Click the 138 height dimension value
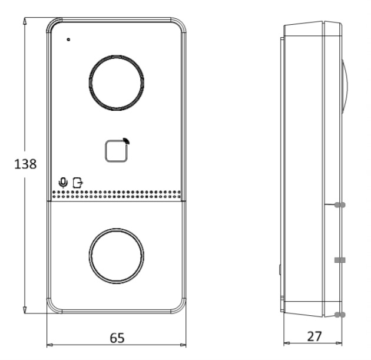pyautogui.click(x=25, y=164)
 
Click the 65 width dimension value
pyautogui.click(x=117, y=338)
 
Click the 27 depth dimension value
pyautogui.click(x=314, y=336)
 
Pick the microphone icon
pyautogui.click(x=63, y=183)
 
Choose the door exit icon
pyautogui.click(x=78, y=183)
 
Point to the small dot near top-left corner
pyautogui.click(x=69, y=39)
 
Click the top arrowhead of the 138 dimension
pyautogui.click(x=25, y=21)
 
